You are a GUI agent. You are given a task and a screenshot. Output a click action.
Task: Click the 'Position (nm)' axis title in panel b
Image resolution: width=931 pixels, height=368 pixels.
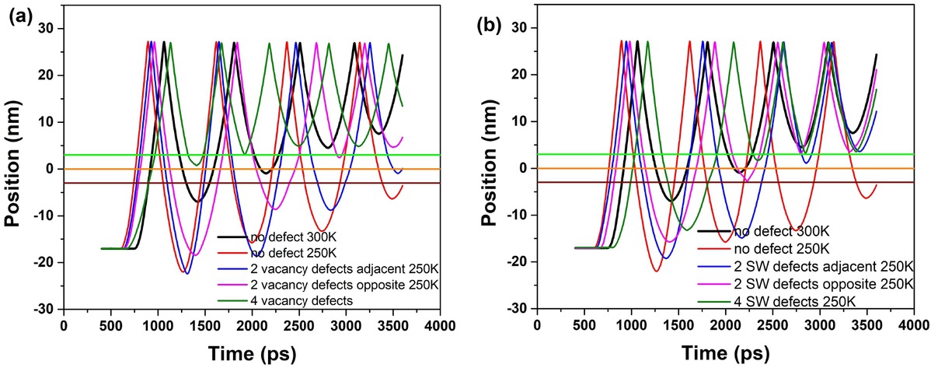point(489,167)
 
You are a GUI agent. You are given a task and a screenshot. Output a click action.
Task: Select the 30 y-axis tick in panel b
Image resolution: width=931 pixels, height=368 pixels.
point(518,28)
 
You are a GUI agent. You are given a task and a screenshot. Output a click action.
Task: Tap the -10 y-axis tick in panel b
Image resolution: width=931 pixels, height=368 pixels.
point(515,216)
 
